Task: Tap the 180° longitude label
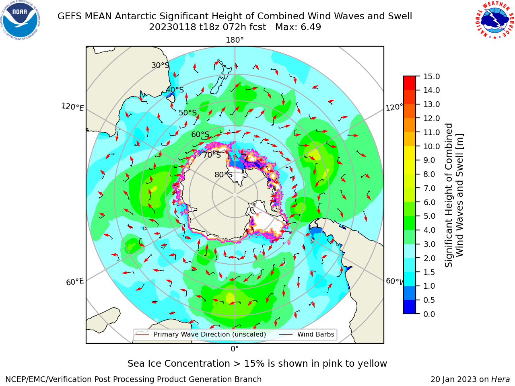tap(235, 40)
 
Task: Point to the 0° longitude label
tap(235, 349)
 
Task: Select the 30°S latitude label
tap(160, 65)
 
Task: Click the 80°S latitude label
tap(223, 175)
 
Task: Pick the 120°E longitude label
tap(72, 107)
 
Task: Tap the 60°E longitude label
tap(75, 282)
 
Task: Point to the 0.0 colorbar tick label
tap(429, 314)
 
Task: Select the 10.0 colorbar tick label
tap(431, 146)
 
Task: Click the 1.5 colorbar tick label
tap(429, 272)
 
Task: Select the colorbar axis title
tap(454, 195)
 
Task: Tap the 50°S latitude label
tap(188, 113)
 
